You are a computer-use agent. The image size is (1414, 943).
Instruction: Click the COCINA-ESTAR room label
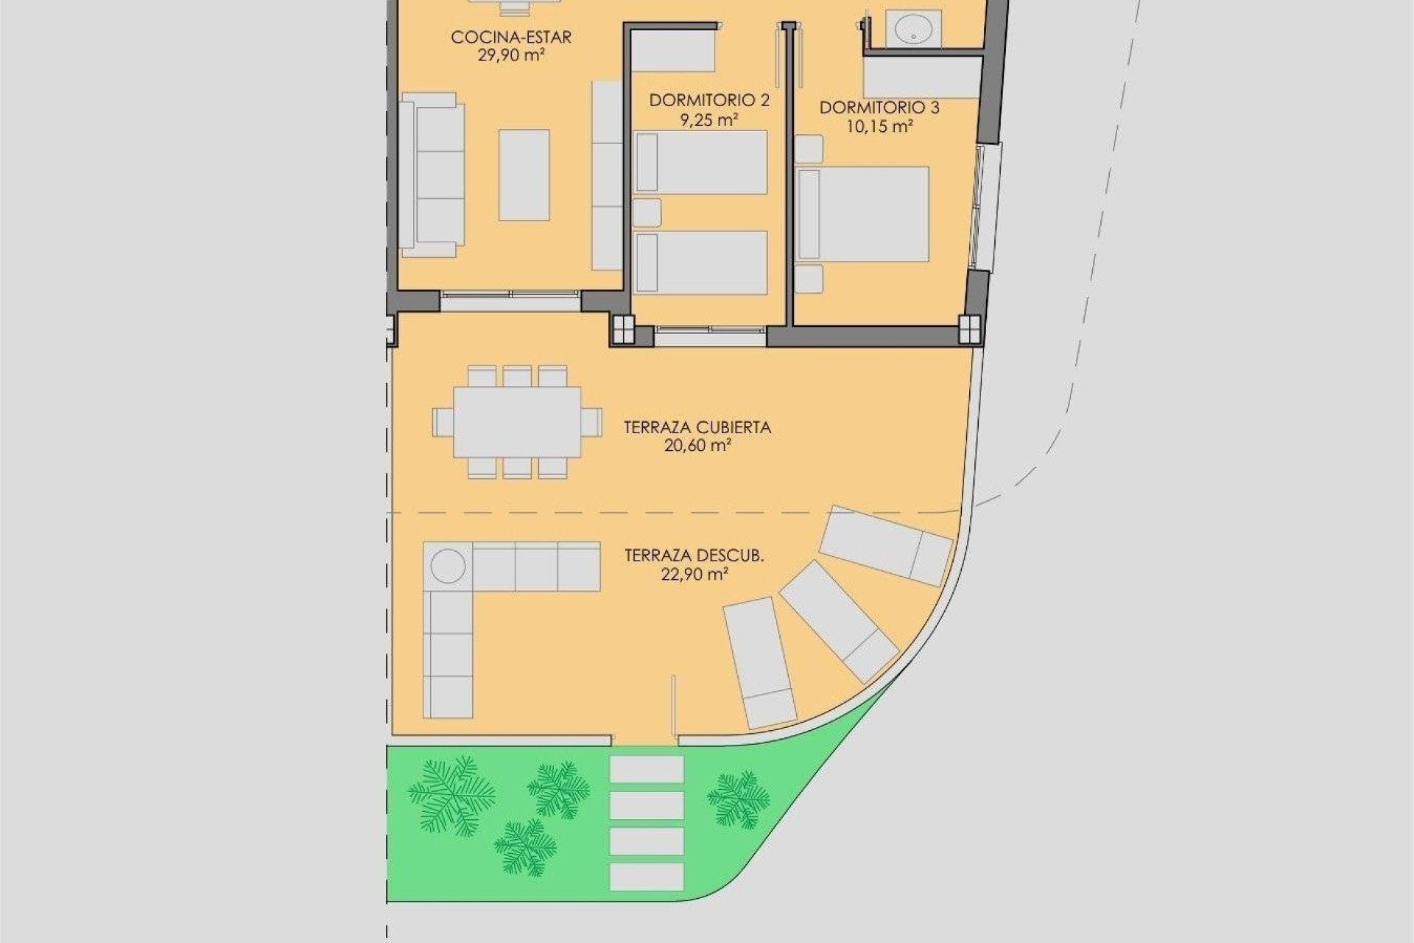click(511, 37)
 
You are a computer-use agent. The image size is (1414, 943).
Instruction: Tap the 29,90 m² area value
click(511, 55)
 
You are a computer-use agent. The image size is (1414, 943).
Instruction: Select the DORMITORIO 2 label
click(709, 100)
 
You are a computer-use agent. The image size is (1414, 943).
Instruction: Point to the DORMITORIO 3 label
click(879, 108)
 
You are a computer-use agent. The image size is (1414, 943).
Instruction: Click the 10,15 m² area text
click(879, 126)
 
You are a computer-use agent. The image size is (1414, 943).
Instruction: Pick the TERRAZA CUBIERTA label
click(697, 427)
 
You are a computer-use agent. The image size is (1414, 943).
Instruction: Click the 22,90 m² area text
click(695, 574)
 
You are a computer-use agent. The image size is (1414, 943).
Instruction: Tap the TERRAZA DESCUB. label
click(694, 555)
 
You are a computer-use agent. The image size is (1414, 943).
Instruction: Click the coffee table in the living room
click(524, 175)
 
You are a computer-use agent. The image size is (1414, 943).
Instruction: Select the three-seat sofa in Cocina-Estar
click(432, 175)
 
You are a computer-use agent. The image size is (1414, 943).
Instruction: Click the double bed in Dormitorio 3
click(862, 214)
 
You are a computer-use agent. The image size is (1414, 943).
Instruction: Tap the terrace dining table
click(517, 422)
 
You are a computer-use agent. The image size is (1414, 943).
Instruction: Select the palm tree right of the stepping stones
click(738, 799)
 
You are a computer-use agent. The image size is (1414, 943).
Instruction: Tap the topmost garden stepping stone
click(647, 769)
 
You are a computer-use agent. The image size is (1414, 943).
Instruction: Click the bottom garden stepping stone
click(647, 877)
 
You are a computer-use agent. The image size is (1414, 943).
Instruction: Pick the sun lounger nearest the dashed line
click(886, 544)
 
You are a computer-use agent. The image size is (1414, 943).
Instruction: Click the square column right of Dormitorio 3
click(971, 329)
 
